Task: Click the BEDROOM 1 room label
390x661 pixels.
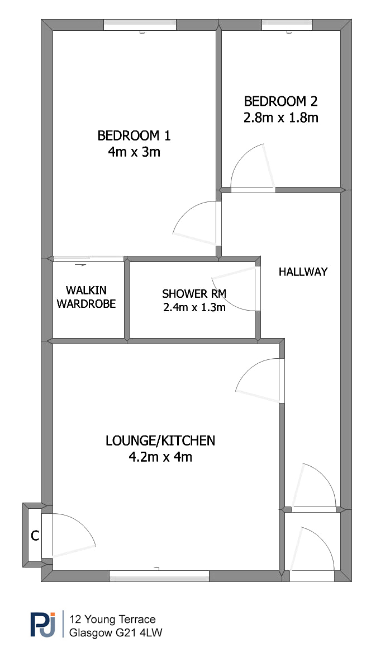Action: click(134, 136)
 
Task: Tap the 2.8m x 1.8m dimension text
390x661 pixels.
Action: click(280, 118)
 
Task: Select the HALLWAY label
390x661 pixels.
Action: click(303, 271)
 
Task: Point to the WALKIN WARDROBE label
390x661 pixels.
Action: click(86, 297)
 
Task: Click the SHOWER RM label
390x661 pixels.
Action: click(194, 293)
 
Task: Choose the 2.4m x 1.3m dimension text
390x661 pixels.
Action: click(194, 307)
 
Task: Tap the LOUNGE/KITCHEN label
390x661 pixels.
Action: click(160, 440)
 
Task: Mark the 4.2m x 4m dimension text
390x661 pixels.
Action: click(160, 457)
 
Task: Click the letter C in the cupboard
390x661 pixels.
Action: click(35, 536)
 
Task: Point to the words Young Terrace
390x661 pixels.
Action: click(120, 619)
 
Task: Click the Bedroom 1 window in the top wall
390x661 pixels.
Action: click(140, 25)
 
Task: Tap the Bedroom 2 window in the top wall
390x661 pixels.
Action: click(287, 25)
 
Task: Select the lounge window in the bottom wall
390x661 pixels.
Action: click(159, 576)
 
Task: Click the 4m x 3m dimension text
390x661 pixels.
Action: click(134, 152)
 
